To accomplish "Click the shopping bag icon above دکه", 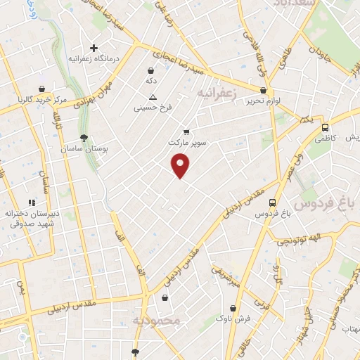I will (x=150, y=70).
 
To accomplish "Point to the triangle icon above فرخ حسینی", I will (x=153, y=97).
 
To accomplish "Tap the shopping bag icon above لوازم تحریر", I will (x=264, y=90).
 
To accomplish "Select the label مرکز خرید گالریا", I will (x=44, y=101).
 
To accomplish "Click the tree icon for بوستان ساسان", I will (x=84, y=138).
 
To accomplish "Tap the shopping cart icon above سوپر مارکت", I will (x=186, y=131).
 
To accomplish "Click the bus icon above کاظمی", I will (x=325, y=128).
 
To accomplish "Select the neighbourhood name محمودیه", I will (x=156, y=321).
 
